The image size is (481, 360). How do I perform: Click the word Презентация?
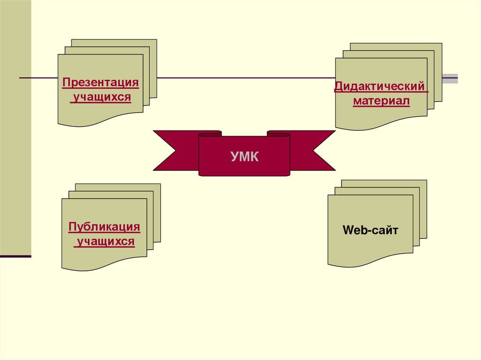point(101,83)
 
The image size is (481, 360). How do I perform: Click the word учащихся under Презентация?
point(101,98)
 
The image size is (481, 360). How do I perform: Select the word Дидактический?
point(381,87)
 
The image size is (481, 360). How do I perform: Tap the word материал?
point(381,101)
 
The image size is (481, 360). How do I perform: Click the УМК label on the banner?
point(244,156)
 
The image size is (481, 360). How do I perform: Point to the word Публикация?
point(104,227)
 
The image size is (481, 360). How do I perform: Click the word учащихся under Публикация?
point(106,242)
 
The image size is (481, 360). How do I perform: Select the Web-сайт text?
point(371,230)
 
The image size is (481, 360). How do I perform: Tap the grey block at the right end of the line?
point(451,78)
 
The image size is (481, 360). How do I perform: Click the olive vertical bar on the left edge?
point(16,127)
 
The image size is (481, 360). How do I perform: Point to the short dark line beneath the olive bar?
point(16,257)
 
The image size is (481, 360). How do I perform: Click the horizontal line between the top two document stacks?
point(244,77)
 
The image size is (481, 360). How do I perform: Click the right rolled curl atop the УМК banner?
point(279,134)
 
